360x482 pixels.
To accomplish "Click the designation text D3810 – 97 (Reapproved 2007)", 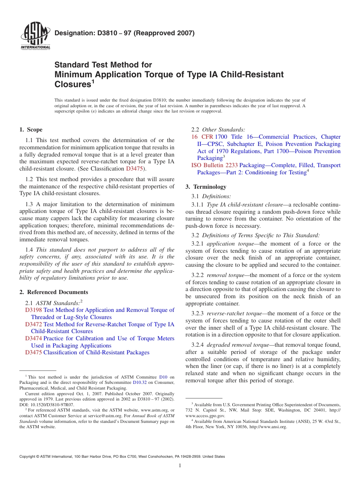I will [x=124, y=33].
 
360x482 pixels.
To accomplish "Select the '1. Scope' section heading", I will [x=31, y=130].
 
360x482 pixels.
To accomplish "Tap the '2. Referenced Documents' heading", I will [x=53, y=292].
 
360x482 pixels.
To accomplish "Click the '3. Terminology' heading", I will [x=206, y=187].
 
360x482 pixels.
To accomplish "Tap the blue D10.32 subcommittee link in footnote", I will [x=139, y=383].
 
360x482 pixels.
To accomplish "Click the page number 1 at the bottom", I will [x=180, y=466].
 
